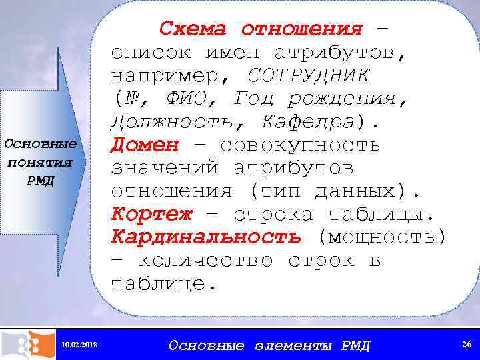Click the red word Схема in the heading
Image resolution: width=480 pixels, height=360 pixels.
pos(193,29)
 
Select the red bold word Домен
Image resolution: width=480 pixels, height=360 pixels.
pos(145,144)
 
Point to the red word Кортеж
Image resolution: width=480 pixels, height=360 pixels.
pos(151,215)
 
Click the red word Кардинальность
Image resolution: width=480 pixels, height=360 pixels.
pos(206,237)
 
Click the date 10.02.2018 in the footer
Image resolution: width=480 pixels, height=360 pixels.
pos(79,345)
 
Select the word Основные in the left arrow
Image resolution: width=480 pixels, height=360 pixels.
pos(41,144)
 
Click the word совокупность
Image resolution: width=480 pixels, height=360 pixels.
pos(300,145)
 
